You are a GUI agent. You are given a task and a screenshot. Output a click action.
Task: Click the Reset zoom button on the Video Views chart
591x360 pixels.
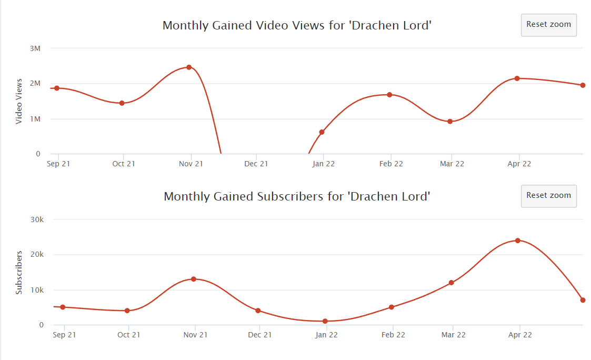(x=548, y=25)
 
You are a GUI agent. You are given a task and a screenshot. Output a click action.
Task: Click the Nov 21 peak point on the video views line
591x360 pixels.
(x=189, y=67)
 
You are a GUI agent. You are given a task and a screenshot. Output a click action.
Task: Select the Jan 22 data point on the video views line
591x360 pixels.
(x=322, y=132)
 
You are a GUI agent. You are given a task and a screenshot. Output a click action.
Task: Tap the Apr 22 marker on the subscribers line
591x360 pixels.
(x=517, y=241)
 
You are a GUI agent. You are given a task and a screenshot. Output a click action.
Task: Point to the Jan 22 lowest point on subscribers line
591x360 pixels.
(x=325, y=321)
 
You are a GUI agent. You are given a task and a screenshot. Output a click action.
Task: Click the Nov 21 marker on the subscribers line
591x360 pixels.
(x=193, y=279)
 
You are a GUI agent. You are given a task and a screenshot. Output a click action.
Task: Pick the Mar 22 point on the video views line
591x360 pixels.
(x=449, y=122)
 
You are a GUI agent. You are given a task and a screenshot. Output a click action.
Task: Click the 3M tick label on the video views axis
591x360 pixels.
(x=35, y=48)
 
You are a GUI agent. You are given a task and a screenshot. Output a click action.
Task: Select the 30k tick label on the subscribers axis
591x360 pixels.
(x=37, y=219)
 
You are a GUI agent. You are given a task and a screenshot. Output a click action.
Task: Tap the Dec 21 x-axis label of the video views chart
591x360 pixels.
(x=256, y=164)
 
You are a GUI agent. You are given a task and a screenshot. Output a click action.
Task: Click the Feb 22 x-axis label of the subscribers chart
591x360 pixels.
(x=393, y=335)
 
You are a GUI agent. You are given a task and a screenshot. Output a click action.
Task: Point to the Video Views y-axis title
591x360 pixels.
(x=19, y=102)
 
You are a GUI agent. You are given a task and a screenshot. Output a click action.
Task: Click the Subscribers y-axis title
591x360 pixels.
(x=19, y=273)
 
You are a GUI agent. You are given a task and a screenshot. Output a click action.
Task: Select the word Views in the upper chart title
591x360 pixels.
(x=309, y=25)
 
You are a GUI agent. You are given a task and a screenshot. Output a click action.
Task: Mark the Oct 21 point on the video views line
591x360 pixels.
(x=122, y=103)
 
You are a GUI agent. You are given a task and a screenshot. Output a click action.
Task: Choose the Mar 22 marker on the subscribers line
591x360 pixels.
(x=451, y=282)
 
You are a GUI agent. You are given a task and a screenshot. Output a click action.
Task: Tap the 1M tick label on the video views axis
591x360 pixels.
(x=35, y=119)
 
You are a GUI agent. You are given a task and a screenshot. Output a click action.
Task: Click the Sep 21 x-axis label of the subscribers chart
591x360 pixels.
(x=64, y=335)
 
